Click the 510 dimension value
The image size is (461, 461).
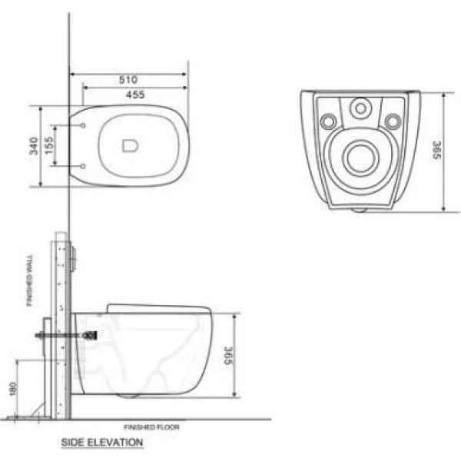(x=128, y=80)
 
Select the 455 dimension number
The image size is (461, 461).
(x=135, y=95)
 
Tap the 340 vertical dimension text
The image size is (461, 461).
(x=34, y=146)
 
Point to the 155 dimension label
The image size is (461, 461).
(x=49, y=145)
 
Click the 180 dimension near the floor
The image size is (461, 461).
(x=13, y=389)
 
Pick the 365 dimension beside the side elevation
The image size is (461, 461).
(x=228, y=356)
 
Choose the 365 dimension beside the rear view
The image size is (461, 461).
(x=437, y=150)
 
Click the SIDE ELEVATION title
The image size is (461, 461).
(x=102, y=443)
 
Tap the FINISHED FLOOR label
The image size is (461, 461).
(x=151, y=427)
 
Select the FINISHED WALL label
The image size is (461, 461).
(x=30, y=280)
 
